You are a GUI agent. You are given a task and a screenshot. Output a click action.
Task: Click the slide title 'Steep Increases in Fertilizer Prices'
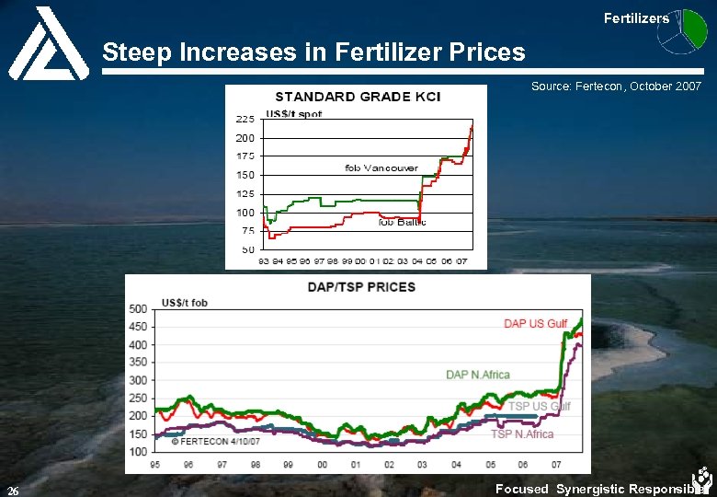[x=313, y=52]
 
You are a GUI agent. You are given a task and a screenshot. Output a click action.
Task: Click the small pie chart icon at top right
[x=689, y=28]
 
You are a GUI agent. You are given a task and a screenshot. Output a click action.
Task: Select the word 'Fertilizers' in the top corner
[x=636, y=17]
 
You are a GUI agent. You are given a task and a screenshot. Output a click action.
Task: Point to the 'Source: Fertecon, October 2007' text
[x=616, y=86]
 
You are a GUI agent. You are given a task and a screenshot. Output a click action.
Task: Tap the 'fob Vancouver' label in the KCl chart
[x=381, y=168]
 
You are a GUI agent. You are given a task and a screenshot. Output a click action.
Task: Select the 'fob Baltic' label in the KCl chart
[x=402, y=222]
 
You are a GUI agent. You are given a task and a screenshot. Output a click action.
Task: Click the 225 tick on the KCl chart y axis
[x=245, y=119]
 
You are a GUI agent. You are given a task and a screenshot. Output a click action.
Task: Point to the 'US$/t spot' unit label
[x=293, y=114]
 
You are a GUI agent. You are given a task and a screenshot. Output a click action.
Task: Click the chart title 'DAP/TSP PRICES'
[x=363, y=286]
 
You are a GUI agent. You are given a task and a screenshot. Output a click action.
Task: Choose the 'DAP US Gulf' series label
[x=535, y=324]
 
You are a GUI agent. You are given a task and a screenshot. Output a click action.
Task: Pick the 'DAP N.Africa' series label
[x=477, y=375]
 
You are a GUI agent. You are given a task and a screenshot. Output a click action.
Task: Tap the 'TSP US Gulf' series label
[x=539, y=406]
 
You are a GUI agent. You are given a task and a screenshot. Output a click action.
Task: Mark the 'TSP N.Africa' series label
[x=521, y=433]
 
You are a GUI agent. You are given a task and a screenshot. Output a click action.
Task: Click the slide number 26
[x=13, y=489]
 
